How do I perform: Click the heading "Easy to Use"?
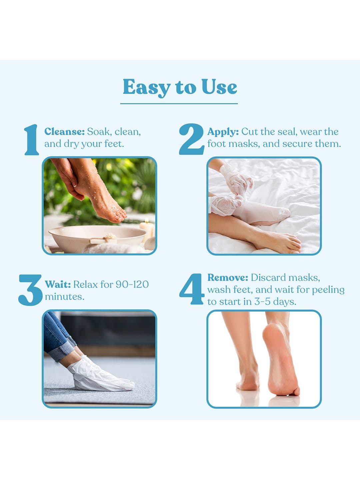tap(180, 87)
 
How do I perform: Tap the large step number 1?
tap(32, 140)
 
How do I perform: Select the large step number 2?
tap(192, 139)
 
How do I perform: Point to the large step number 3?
tap(30, 290)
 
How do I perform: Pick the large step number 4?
tap(192, 289)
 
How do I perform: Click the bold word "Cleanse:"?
tap(64, 132)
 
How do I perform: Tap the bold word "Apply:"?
tap(223, 132)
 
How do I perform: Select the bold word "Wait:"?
tap(58, 284)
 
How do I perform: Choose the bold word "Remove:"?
tap(228, 277)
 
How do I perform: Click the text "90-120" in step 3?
tap(132, 284)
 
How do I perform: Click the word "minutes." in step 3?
tap(65, 297)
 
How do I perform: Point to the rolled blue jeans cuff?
tap(65, 350)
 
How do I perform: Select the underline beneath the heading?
tap(179, 103)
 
